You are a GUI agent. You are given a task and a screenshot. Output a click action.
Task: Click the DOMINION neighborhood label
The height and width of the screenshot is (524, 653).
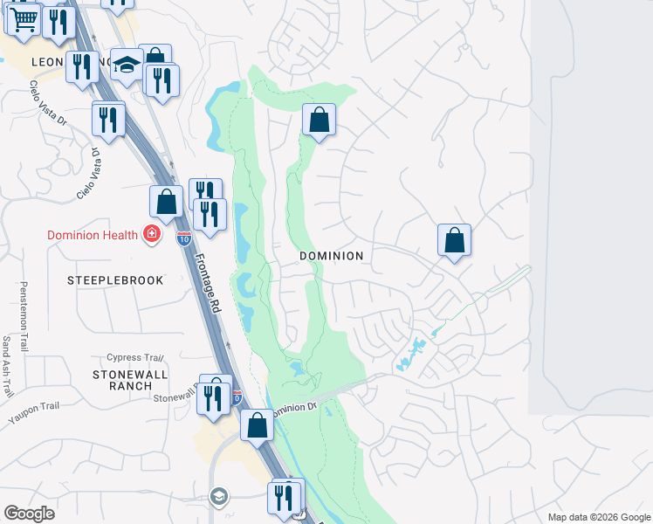(331, 256)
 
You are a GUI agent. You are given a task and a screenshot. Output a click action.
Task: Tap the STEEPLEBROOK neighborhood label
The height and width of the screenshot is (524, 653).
(103, 280)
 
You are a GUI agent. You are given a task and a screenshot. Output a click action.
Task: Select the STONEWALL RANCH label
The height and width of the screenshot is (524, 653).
(124, 380)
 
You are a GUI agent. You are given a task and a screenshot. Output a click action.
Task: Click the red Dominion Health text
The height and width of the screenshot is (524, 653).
(92, 234)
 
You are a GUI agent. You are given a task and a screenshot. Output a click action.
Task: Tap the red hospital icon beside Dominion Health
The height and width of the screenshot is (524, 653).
(152, 234)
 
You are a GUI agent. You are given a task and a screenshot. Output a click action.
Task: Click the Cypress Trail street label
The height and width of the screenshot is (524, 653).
(135, 357)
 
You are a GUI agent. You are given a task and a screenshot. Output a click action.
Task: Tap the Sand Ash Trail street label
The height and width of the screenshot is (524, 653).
(6, 359)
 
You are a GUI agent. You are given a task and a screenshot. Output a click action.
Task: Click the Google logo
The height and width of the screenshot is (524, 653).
(29, 514)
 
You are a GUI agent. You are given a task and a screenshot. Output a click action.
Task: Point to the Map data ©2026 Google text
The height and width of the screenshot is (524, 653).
(598, 517)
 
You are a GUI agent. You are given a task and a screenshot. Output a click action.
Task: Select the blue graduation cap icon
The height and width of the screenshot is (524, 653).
(127, 65)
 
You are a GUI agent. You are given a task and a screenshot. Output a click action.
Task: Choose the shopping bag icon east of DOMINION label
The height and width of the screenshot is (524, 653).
(454, 240)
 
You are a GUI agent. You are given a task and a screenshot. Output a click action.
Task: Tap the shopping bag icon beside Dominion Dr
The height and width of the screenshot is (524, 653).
(257, 425)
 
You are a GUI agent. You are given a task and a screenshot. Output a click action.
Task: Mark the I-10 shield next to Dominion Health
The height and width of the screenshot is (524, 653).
(183, 238)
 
